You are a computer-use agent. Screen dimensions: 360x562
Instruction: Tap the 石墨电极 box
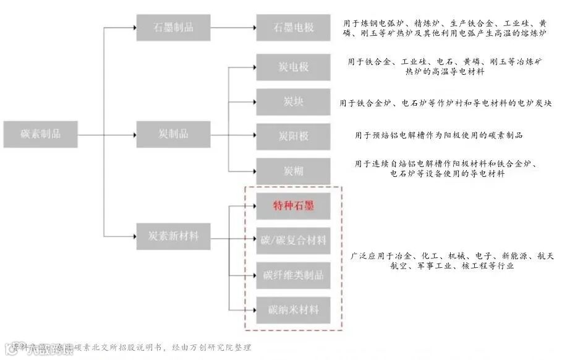tap(293, 27)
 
